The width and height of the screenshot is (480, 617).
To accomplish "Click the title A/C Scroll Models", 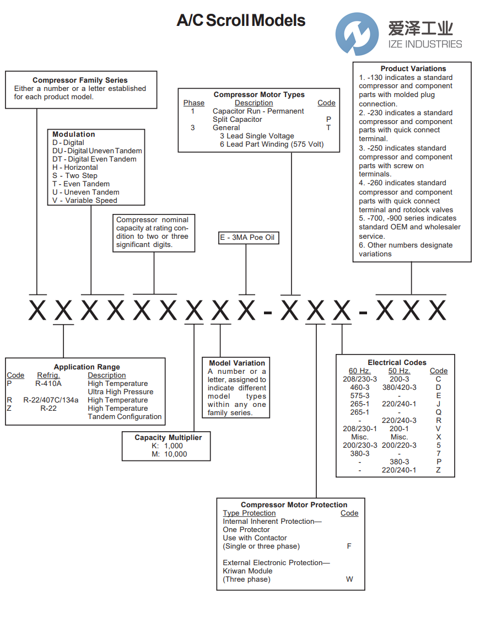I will tap(241, 21).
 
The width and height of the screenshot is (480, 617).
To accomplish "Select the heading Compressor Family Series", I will tap(80, 80).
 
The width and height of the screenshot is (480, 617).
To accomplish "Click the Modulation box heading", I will tap(74, 134).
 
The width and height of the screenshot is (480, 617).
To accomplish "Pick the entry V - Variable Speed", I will tap(85, 200).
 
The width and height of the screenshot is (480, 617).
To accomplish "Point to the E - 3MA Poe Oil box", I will tap(249, 238).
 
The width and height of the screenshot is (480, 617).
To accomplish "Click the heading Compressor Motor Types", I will tap(259, 95).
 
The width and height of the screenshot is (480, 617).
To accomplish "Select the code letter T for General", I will tap(328, 127).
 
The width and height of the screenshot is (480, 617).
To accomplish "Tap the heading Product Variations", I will tap(413, 69).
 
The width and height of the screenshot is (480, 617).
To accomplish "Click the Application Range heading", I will tap(87, 367).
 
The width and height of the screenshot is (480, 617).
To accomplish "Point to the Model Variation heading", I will tap(237, 363).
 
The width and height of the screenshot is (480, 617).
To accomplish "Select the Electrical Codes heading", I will tap(397, 362).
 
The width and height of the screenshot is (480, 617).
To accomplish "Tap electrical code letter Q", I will tap(439, 412).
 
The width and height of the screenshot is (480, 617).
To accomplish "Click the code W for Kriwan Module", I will tap(349, 579).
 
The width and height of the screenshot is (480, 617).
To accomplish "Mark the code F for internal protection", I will tap(349, 546).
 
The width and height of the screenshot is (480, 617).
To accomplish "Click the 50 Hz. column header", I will tap(399, 371).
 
